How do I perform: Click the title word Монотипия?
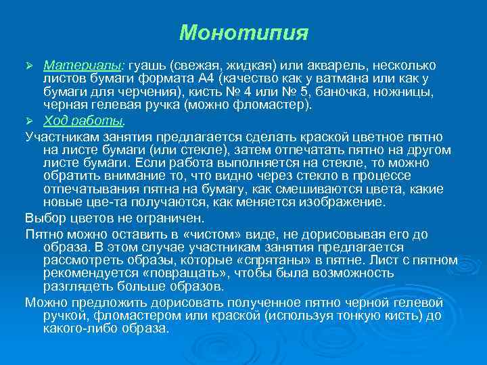click(x=243, y=32)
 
